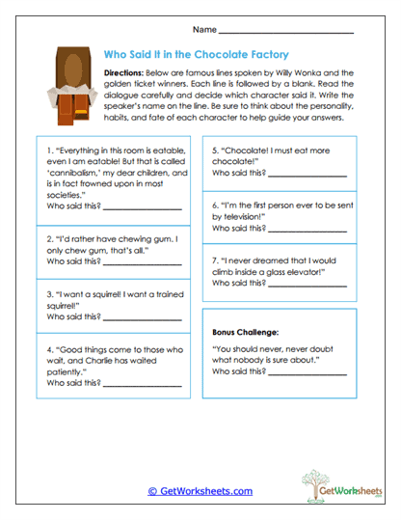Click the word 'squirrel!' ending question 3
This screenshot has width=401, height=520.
pyautogui.click(x=65, y=306)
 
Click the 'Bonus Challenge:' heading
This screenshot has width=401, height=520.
pyautogui.click(x=245, y=331)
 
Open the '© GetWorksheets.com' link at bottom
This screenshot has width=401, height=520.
pyautogui.click(x=200, y=490)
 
